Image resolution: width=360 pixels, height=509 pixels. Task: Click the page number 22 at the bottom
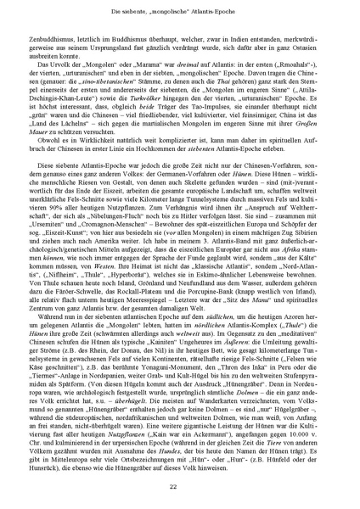click(180, 486)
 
